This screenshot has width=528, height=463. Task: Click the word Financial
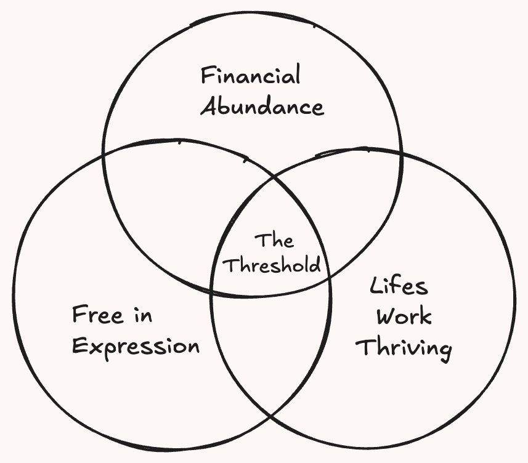click(251, 76)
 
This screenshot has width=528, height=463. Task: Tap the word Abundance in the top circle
click(262, 107)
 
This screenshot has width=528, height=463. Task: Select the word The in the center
click(274, 240)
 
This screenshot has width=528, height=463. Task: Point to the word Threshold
click(272, 265)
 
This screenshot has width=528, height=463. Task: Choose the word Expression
click(136, 347)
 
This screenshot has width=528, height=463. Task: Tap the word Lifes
click(399, 287)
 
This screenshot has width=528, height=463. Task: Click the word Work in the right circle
click(404, 317)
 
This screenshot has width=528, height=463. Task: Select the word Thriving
click(404, 348)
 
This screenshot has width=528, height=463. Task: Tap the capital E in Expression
click(78, 345)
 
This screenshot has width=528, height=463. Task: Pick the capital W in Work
click(384, 317)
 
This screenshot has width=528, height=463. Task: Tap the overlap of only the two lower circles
click(271, 345)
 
